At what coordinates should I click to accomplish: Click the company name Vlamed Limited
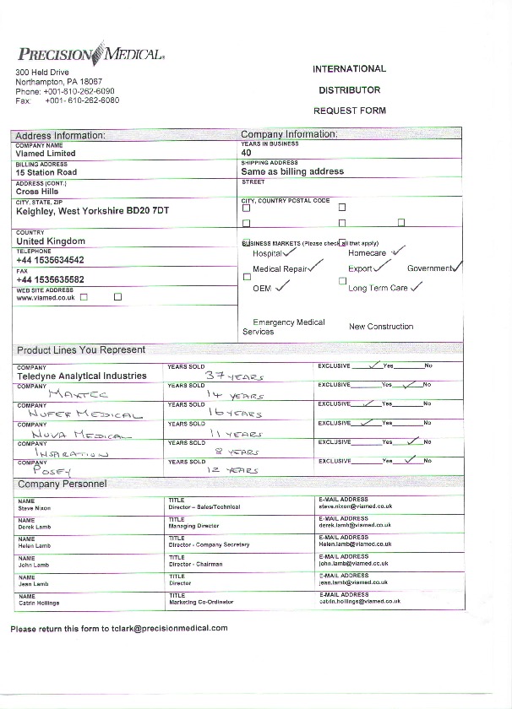(x=46, y=154)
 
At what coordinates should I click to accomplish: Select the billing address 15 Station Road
(x=46, y=172)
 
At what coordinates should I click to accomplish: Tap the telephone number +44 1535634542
(x=50, y=261)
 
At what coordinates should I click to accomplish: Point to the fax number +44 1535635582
(x=50, y=279)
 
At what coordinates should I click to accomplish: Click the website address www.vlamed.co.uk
(x=46, y=297)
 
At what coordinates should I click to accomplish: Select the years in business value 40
(x=247, y=153)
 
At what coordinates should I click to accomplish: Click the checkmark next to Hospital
(x=291, y=251)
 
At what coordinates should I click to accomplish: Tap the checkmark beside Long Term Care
(x=416, y=286)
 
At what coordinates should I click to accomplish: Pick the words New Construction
(x=381, y=326)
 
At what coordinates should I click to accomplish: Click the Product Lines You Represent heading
(x=81, y=349)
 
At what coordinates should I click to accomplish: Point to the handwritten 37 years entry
(x=235, y=376)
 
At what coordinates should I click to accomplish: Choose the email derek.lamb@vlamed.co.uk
(x=355, y=525)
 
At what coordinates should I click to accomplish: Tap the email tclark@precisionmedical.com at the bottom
(x=169, y=629)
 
